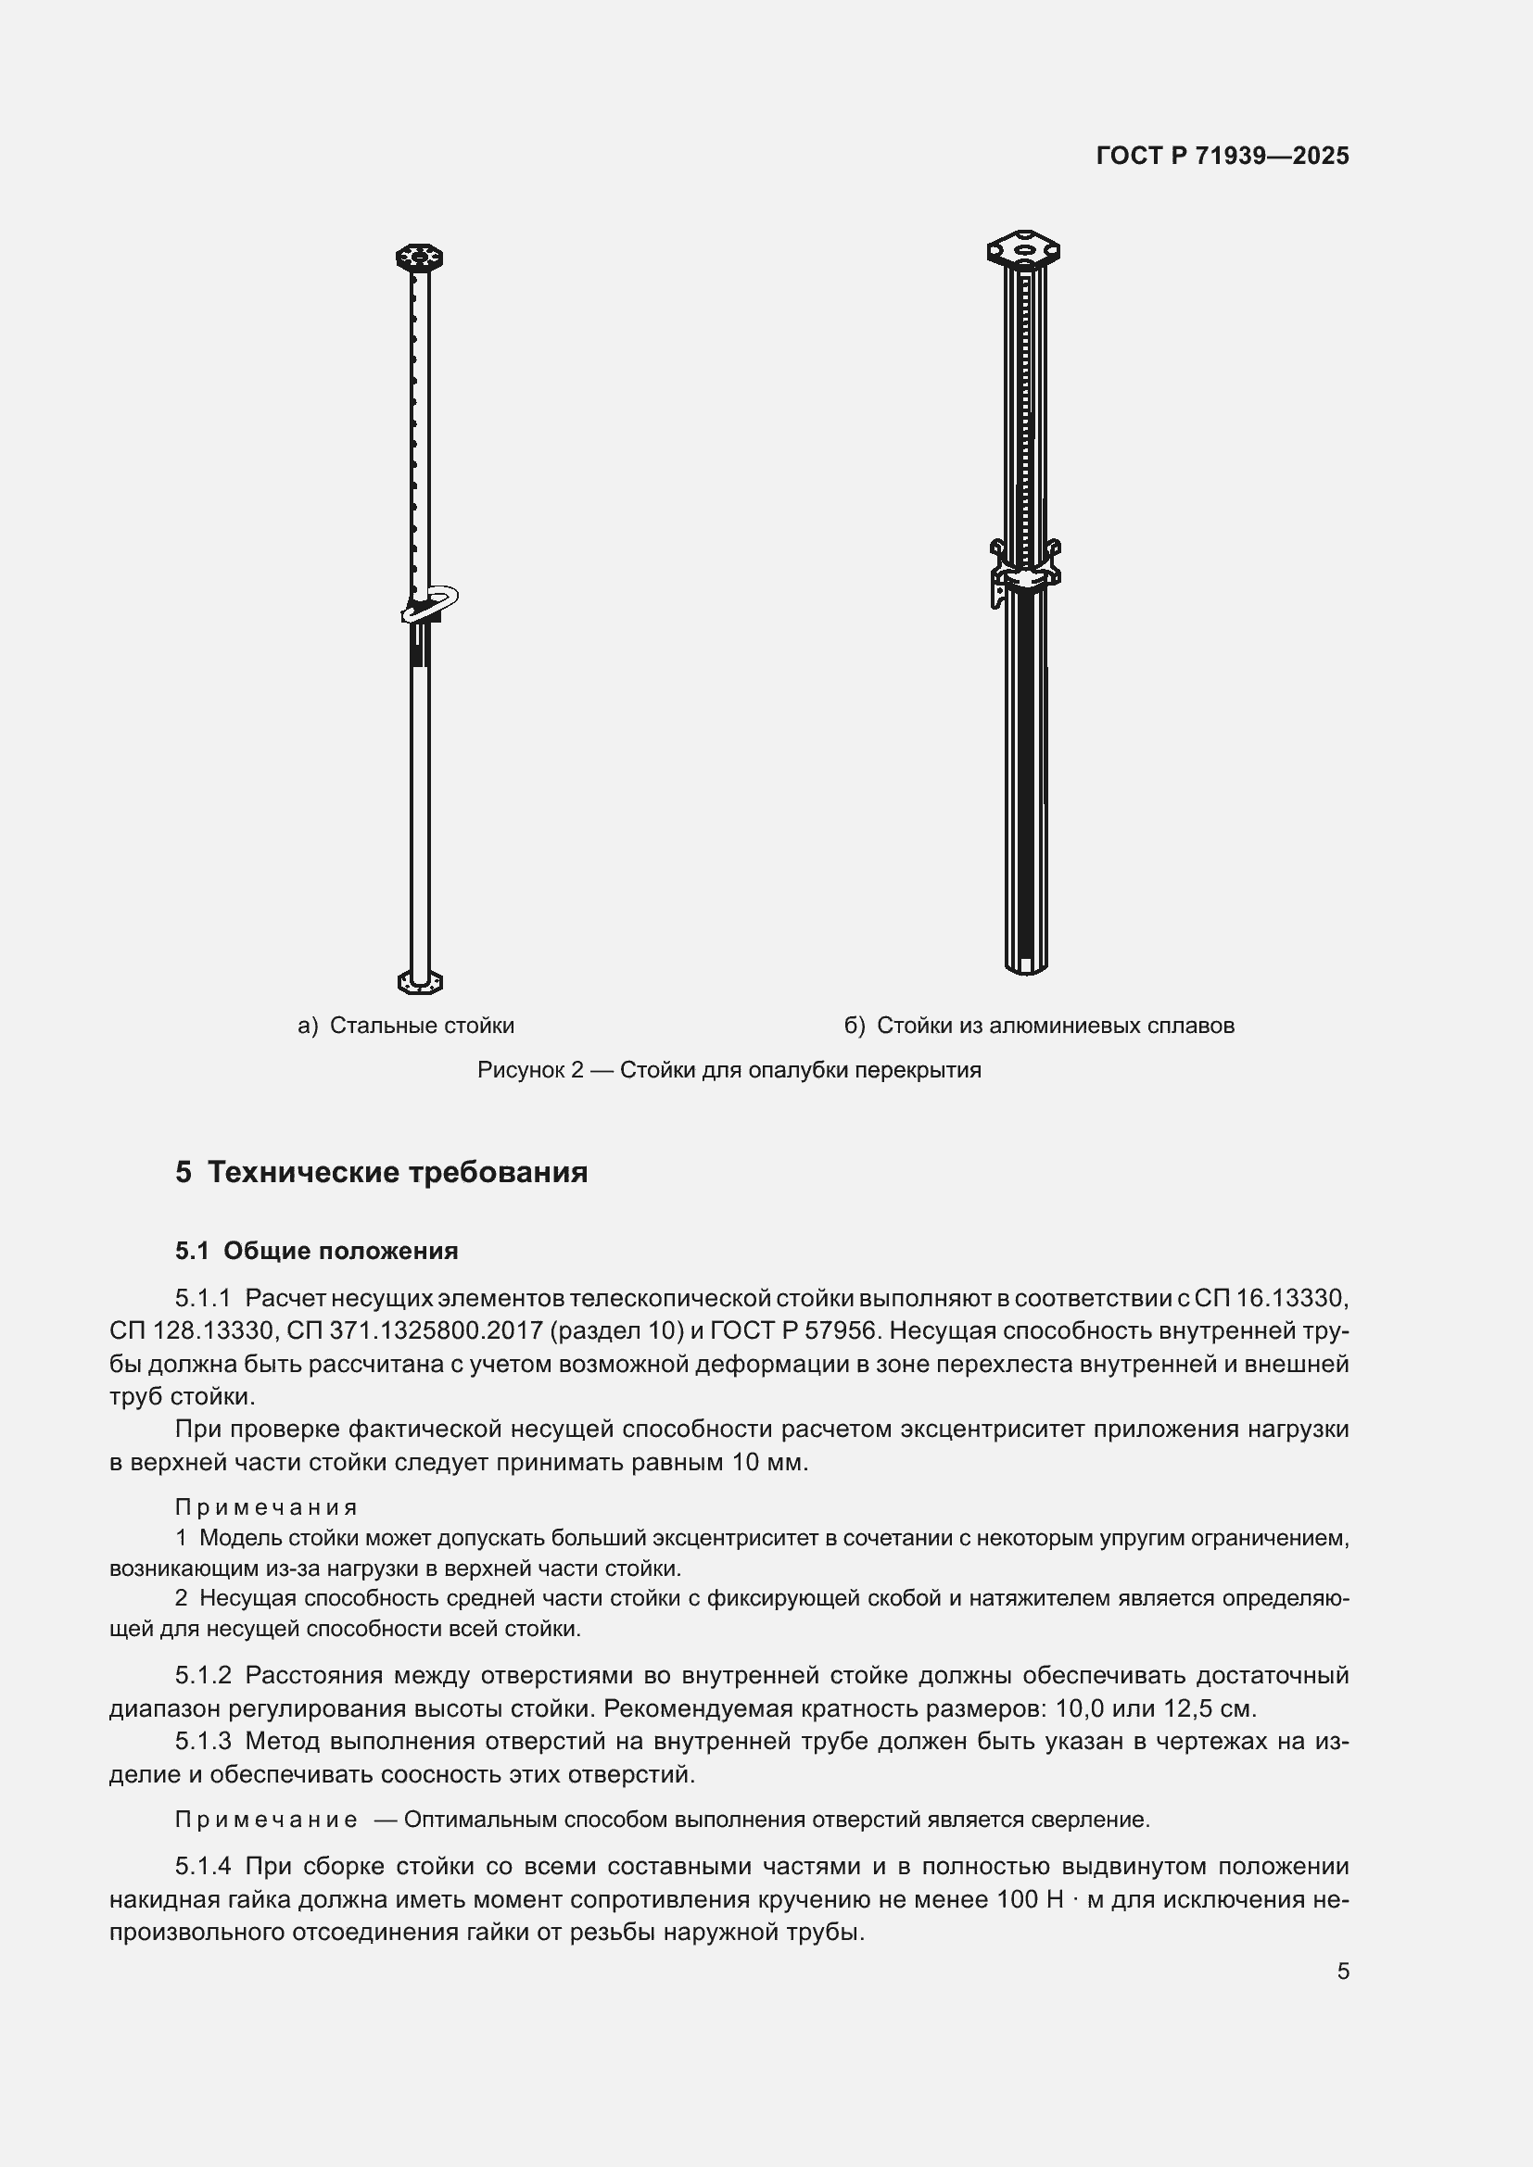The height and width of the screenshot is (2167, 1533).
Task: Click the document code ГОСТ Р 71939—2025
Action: click(1223, 156)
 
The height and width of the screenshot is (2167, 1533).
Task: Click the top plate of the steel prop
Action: click(419, 257)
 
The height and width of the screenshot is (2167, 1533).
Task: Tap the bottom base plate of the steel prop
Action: click(419, 981)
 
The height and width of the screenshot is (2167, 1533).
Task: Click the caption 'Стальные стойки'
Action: click(422, 1026)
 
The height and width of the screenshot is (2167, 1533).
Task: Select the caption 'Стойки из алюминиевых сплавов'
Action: click(1055, 1026)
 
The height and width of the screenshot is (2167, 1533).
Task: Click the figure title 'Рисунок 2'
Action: click(530, 1070)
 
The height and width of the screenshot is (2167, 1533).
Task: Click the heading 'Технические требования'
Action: click(398, 1172)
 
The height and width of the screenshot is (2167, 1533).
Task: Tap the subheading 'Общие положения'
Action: click(341, 1251)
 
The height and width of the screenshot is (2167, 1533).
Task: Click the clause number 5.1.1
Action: click(203, 1299)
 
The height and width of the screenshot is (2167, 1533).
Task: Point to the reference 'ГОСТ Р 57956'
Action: click(793, 1330)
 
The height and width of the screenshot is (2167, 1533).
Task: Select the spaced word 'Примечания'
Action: click(266, 1507)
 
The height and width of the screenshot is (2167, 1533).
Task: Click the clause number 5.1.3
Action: click(203, 1742)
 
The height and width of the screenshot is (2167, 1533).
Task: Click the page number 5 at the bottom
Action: click(1342, 1971)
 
